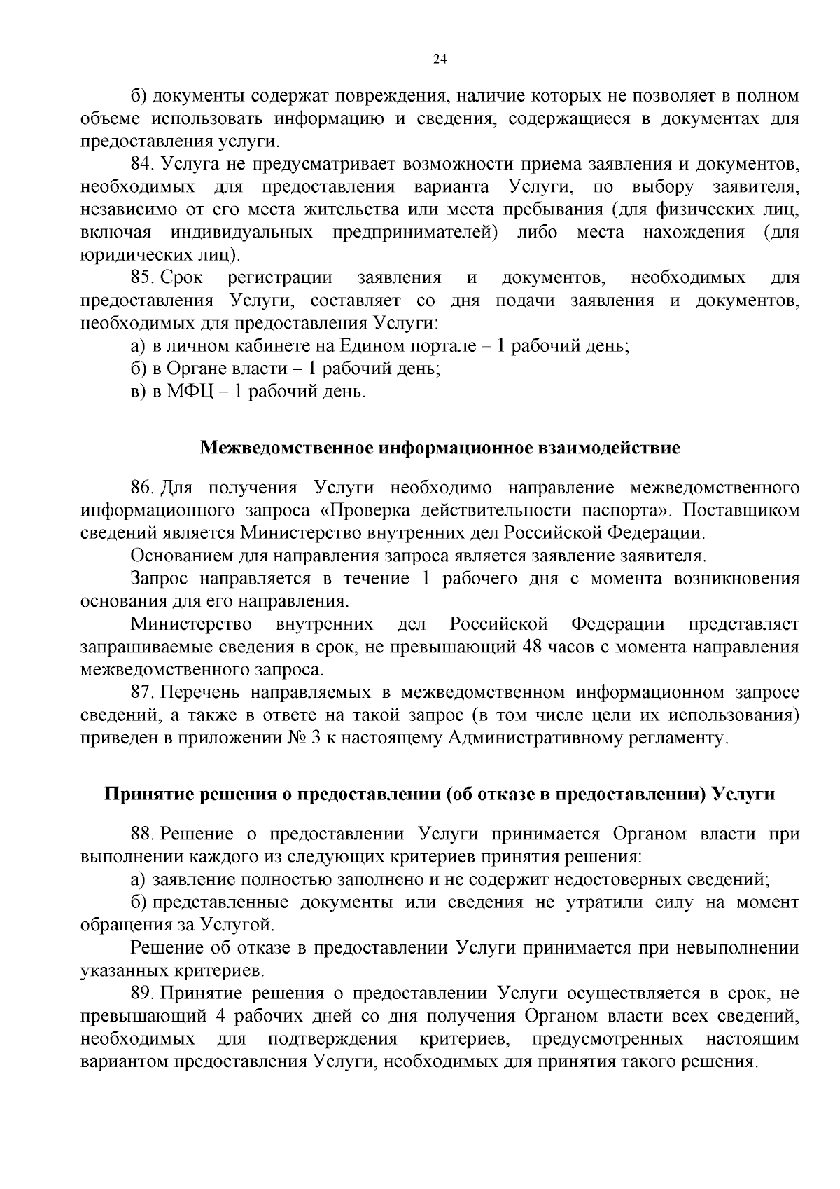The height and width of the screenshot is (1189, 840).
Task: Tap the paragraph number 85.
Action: (x=142, y=277)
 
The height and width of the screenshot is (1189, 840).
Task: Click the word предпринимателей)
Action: (x=415, y=232)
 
